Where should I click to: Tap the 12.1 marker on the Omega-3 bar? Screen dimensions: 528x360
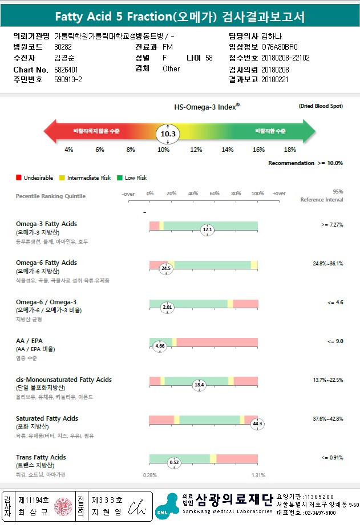pos(207,230)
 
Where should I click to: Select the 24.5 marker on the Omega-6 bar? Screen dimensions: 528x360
pos(166,268)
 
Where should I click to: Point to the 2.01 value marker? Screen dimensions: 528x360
pos(167,307)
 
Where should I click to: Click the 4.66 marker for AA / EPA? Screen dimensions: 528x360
pos(160,346)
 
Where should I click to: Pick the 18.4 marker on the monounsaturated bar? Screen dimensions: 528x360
pos(199,385)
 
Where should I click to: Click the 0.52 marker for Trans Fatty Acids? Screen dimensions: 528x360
pos(175,462)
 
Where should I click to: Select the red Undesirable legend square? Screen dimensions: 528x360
pos(19,178)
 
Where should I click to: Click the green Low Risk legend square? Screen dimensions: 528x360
pos(120,178)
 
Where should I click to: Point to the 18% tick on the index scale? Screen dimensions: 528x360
pos(290,150)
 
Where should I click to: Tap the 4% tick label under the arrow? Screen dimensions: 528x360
pos(68,150)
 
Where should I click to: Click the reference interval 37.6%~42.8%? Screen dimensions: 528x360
pos(327,418)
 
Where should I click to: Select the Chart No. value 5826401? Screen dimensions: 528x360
pos(67,68)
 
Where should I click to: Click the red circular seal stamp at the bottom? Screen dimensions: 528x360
pos(62,506)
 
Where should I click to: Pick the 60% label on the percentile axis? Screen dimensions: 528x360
pos(215,194)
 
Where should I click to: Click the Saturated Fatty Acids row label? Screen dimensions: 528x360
pos(47,418)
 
